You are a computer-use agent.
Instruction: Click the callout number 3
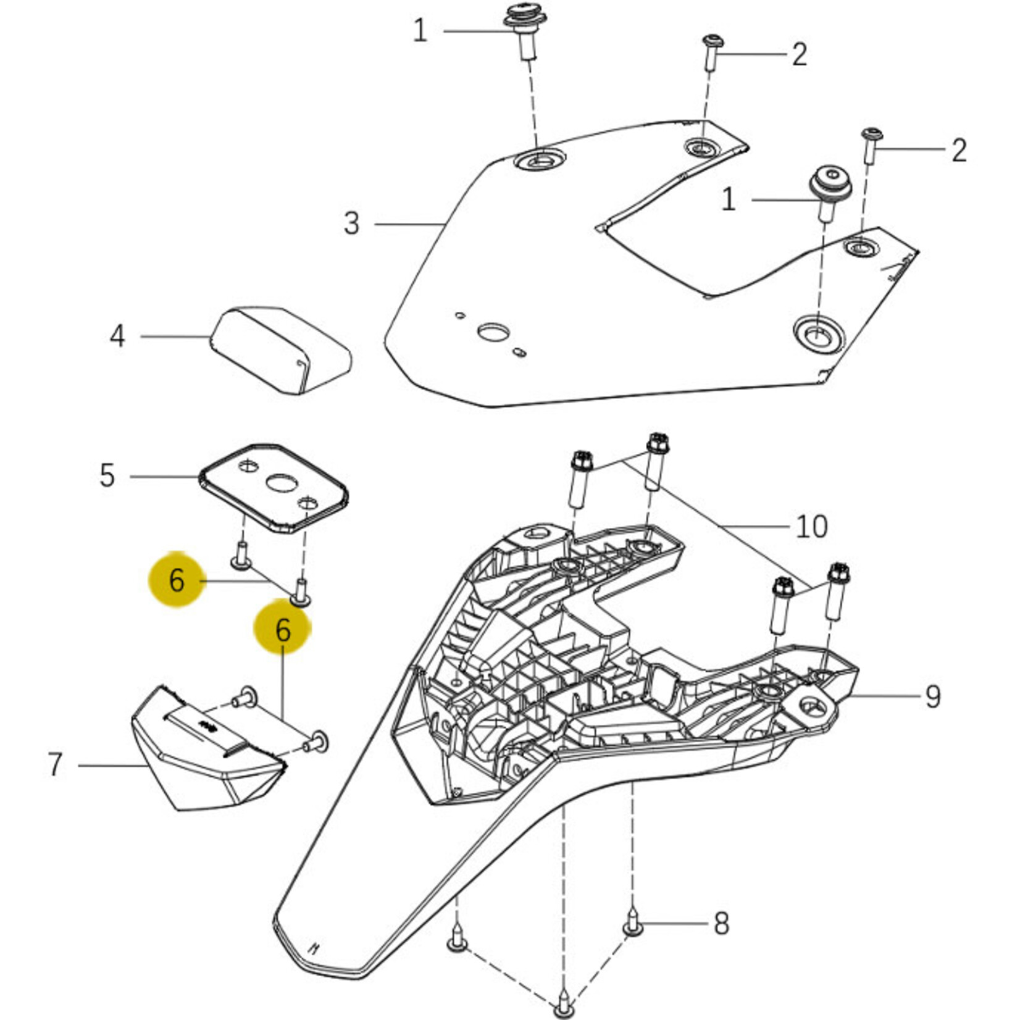click(x=351, y=224)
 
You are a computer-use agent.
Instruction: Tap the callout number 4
click(x=117, y=337)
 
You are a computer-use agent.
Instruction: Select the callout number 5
click(x=107, y=476)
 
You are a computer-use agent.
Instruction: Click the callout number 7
click(x=56, y=764)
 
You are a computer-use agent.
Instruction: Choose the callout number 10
click(x=811, y=527)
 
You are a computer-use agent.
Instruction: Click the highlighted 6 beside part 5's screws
click(x=177, y=580)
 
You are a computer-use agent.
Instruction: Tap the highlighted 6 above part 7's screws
click(x=283, y=630)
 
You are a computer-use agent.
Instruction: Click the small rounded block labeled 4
click(x=281, y=349)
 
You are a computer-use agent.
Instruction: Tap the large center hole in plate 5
click(x=282, y=482)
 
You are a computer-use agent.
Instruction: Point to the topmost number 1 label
click(x=420, y=30)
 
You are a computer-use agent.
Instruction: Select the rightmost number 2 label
click(x=958, y=150)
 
